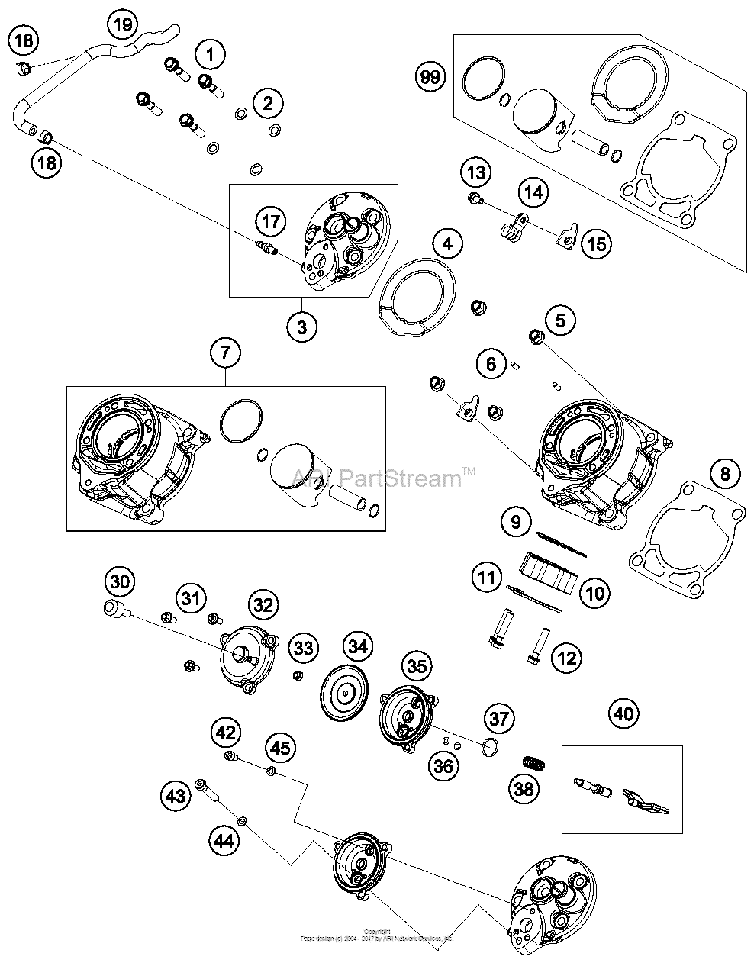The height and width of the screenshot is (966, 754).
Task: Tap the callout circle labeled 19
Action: (x=123, y=24)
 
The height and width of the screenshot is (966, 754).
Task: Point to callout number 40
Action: (x=623, y=714)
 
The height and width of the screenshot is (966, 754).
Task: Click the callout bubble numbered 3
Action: (x=302, y=327)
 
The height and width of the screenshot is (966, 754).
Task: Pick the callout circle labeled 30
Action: (x=120, y=582)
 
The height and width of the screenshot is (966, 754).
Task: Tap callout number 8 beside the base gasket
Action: (x=724, y=474)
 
